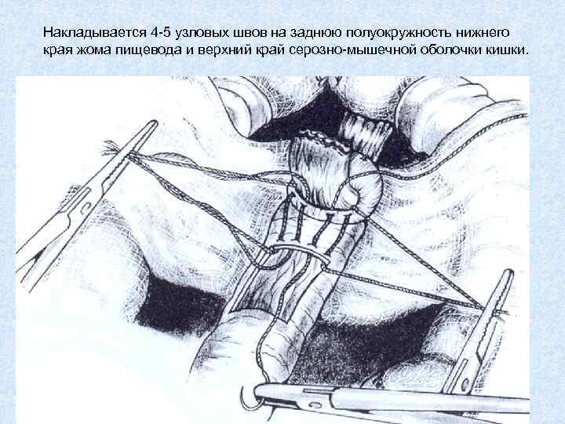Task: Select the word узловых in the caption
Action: (196, 34)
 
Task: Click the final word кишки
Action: (508, 50)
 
